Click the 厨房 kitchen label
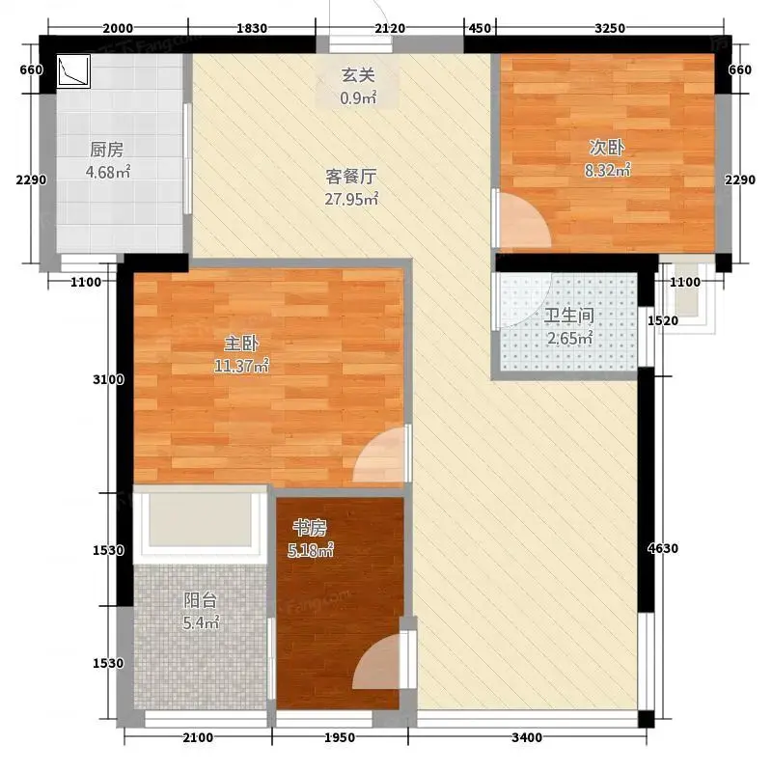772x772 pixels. coord(107,150)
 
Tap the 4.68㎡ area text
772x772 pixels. coord(108,173)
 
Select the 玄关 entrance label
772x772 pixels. coord(358,75)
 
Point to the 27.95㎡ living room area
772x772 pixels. coord(351,199)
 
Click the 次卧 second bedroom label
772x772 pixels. coord(607,148)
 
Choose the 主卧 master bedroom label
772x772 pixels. coord(241,344)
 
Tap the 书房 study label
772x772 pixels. coord(310,528)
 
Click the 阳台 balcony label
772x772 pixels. coord(201,600)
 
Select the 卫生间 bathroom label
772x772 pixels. coord(569,316)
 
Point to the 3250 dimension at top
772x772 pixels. coord(610,28)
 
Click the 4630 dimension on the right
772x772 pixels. coord(663,548)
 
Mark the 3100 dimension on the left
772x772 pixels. coord(108,379)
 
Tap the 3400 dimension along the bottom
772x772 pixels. coord(527,737)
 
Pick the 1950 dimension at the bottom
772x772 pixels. coord(340,737)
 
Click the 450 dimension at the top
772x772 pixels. coord(480,28)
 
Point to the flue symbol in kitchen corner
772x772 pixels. coord(73,71)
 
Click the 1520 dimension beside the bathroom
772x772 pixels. coord(663,320)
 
